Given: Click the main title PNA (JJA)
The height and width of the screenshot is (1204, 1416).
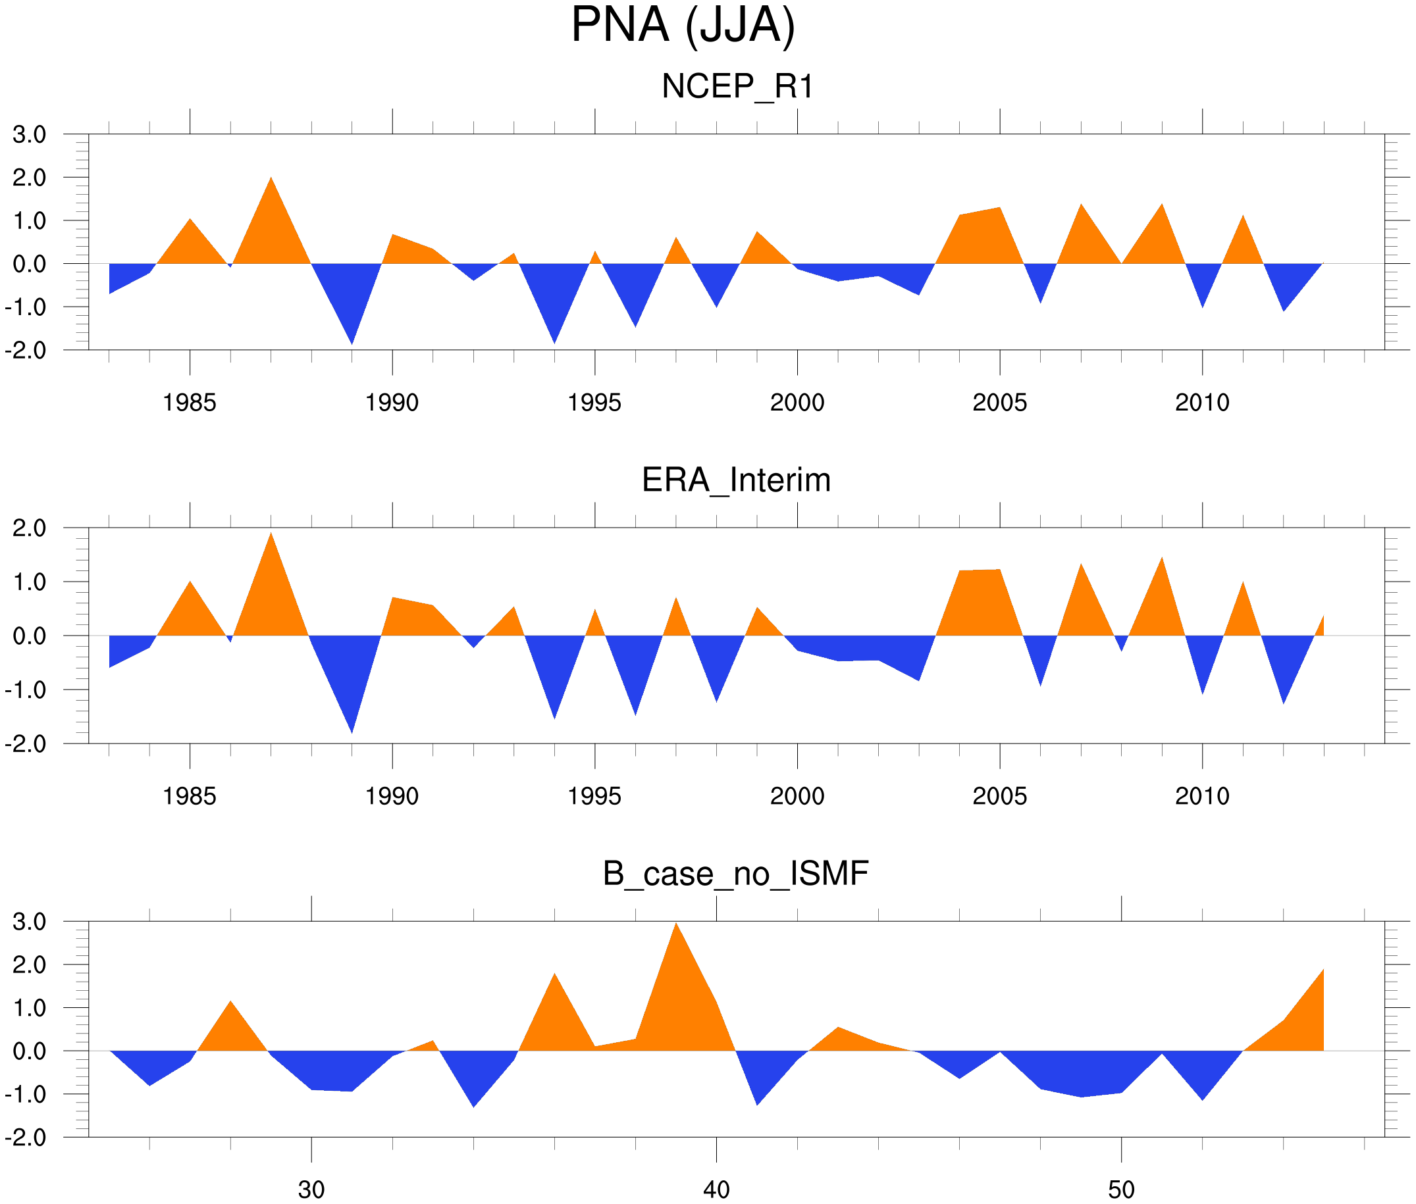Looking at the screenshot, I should [683, 26].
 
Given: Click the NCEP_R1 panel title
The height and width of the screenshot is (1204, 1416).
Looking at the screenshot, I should [737, 87].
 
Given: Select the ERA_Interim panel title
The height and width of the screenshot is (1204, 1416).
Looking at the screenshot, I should [736, 480].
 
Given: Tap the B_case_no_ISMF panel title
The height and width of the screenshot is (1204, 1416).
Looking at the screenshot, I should [735, 874].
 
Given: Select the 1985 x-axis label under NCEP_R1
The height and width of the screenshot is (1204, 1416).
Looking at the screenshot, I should [189, 403].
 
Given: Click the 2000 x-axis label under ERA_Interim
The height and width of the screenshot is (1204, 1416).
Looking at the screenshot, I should [797, 796].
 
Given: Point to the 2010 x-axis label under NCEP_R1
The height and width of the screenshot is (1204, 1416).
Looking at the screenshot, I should [1201, 403].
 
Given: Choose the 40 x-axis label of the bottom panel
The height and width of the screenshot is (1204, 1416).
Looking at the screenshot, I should [716, 1190].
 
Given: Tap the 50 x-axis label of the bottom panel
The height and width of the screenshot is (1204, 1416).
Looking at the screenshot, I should [1121, 1190].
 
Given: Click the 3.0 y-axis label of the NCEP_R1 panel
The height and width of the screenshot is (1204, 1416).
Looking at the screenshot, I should [30, 134].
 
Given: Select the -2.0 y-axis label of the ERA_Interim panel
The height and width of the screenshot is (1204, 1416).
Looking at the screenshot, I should [26, 744].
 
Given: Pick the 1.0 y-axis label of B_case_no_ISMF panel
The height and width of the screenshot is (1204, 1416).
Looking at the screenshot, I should [30, 1008].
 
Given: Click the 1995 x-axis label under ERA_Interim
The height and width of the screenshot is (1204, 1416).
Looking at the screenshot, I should [594, 796].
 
